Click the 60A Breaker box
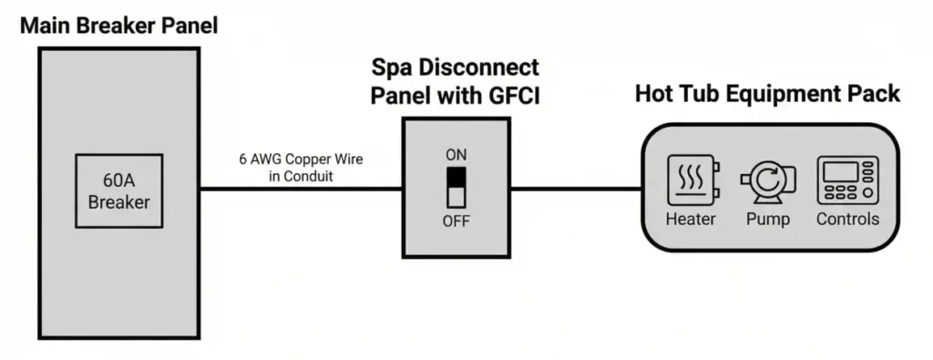(x=118, y=190)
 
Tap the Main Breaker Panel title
(x=118, y=26)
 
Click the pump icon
(x=767, y=180)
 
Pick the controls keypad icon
(x=847, y=179)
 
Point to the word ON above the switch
(x=456, y=155)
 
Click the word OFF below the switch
(x=456, y=222)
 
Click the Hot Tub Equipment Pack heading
(x=767, y=93)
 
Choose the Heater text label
(x=690, y=219)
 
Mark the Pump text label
(x=767, y=219)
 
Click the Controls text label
(x=847, y=219)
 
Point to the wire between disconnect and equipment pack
(x=576, y=190)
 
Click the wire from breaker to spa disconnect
(x=301, y=190)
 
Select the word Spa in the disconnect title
(x=392, y=68)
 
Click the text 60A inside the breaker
(x=118, y=180)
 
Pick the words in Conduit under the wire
(x=301, y=176)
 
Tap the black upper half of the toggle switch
(x=456, y=175)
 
